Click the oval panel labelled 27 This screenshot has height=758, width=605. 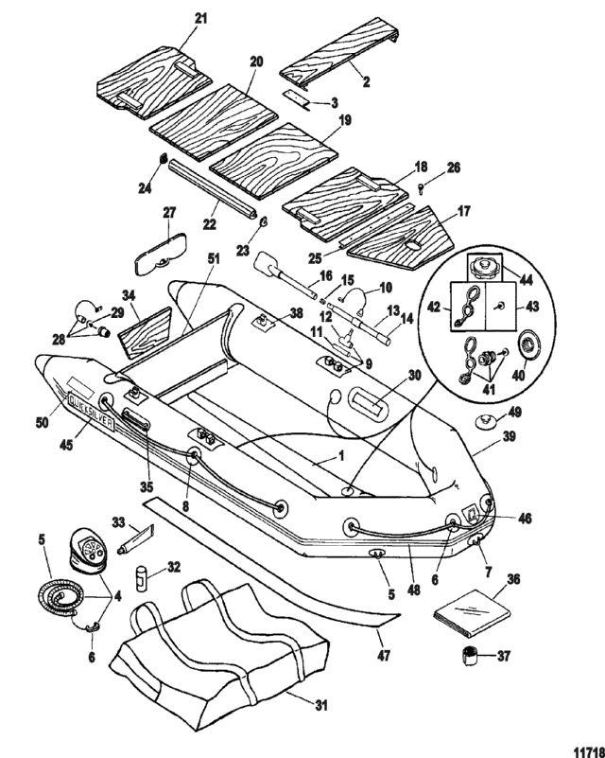click(x=161, y=249)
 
